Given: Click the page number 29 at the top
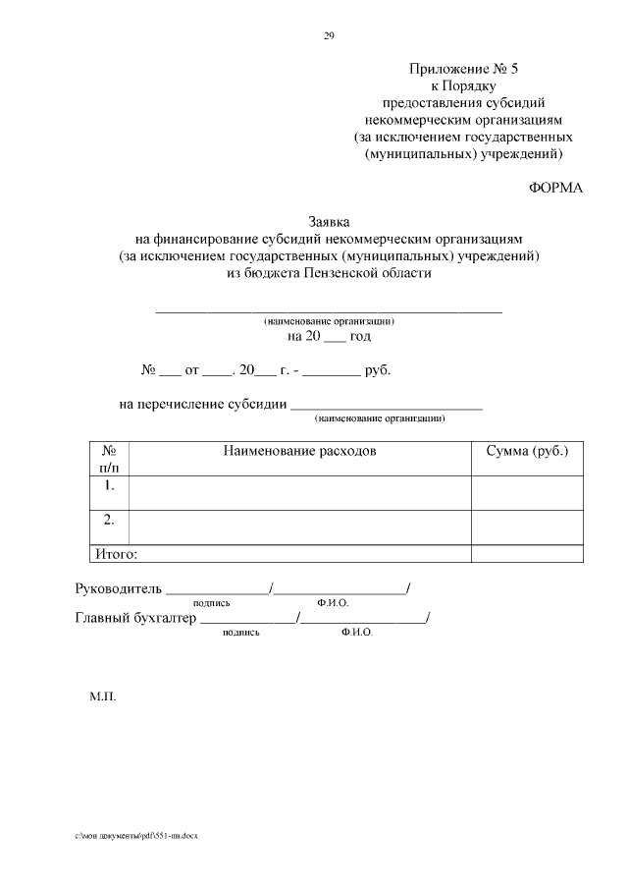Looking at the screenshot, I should click(x=329, y=36).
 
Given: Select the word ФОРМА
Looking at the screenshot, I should click(x=556, y=189).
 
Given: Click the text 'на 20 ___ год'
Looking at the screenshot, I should click(x=329, y=336).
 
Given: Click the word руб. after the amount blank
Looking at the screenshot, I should click(x=378, y=372).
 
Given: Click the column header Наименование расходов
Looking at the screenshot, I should click(x=299, y=451).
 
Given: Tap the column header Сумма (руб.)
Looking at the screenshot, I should click(x=527, y=451).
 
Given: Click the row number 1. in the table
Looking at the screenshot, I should click(x=109, y=485).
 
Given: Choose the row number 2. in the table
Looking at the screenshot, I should click(x=109, y=518).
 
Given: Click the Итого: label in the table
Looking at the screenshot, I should click(x=115, y=554).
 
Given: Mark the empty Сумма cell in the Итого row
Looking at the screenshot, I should click(x=527, y=554).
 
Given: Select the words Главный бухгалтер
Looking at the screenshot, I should click(x=135, y=619).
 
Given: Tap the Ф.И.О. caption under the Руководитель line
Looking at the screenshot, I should click(x=334, y=603).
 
